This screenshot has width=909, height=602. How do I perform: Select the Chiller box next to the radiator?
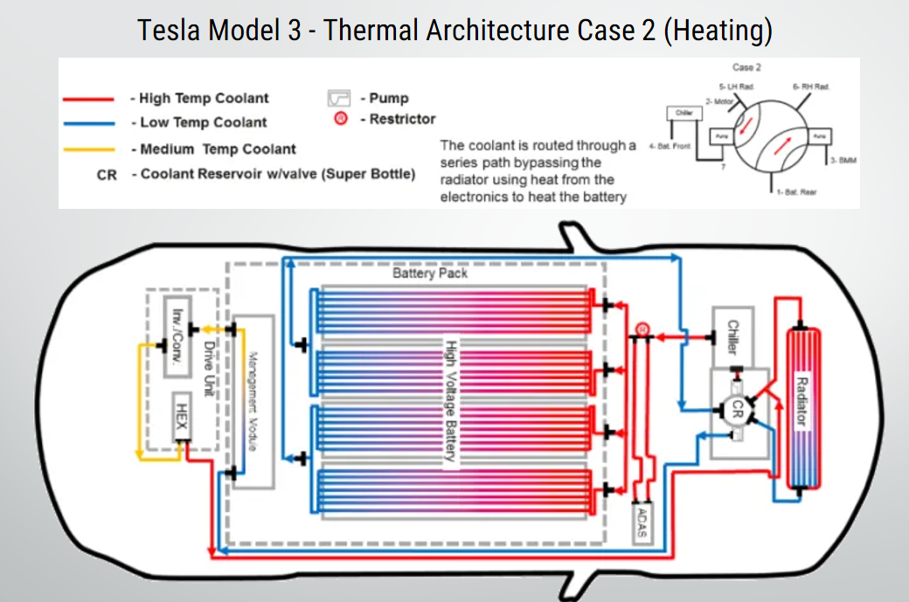[733, 336]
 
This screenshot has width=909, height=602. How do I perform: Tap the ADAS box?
[643, 523]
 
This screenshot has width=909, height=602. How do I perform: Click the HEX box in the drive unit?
[181, 416]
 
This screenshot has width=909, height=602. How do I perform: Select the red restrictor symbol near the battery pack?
[642, 329]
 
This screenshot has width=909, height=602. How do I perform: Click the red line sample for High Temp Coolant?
[88, 99]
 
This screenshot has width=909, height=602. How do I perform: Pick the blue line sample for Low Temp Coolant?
[88, 123]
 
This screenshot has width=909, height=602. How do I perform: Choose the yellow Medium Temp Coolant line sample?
[88, 149]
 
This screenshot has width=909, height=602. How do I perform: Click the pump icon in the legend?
[339, 98]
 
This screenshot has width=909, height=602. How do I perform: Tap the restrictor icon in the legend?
[341, 119]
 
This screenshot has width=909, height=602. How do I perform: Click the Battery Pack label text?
[430, 273]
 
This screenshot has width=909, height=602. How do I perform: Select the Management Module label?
[252, 402]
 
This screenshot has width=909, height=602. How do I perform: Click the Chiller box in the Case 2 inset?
[683, 114]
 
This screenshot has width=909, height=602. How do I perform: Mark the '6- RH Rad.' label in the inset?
[810, 86]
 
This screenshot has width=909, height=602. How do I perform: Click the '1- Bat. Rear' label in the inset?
[795, 192]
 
